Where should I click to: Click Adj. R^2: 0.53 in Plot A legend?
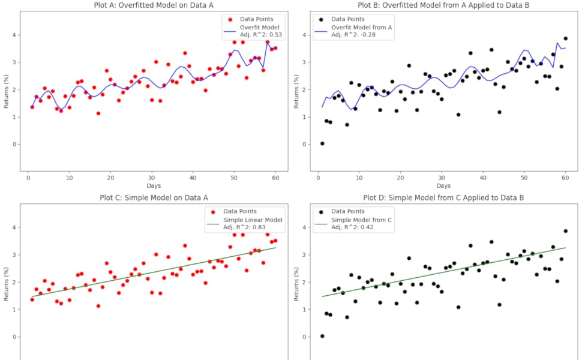(x=256, y=35)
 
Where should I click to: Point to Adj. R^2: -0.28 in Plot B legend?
(x=361, y=35)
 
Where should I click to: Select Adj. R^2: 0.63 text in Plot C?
(x=256, y=228)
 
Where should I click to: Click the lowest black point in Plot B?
(x=322, y=143)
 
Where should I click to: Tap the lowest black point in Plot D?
(x=322, y=336)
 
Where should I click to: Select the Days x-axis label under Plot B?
(x=443, y=186)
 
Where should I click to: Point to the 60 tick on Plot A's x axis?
(x=275, y=178)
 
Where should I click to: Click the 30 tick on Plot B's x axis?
(x=442, y=178)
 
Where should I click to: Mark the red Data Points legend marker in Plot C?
(x=212, y=211)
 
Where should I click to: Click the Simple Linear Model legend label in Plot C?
(x=253, y=220)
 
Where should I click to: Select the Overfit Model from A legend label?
(x=361, y=28)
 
